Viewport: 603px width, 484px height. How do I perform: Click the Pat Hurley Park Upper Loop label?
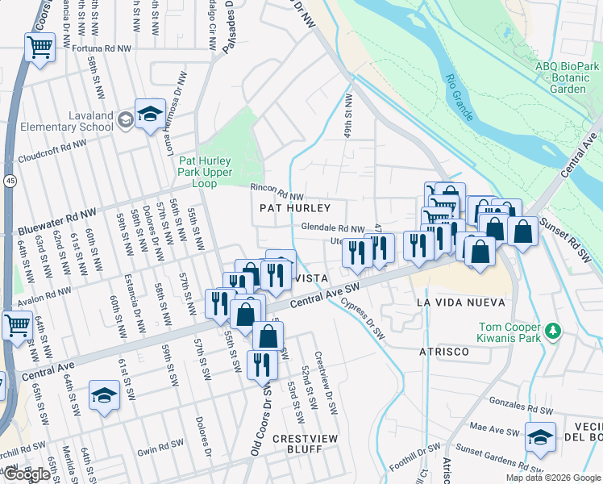tap(206, 172)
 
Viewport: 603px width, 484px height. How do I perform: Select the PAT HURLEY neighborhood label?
tap(296, 208)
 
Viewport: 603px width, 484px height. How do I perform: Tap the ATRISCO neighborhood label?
tap(443, 353)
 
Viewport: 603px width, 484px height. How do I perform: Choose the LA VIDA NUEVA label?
tap(460, 302)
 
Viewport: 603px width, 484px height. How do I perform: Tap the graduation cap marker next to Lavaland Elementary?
tap(149, 115)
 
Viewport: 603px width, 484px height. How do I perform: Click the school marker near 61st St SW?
tap(104, 396)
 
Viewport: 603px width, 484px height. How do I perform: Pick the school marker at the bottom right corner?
tap(540, 438)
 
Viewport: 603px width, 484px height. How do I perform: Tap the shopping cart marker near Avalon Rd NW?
tap(16, 327)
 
